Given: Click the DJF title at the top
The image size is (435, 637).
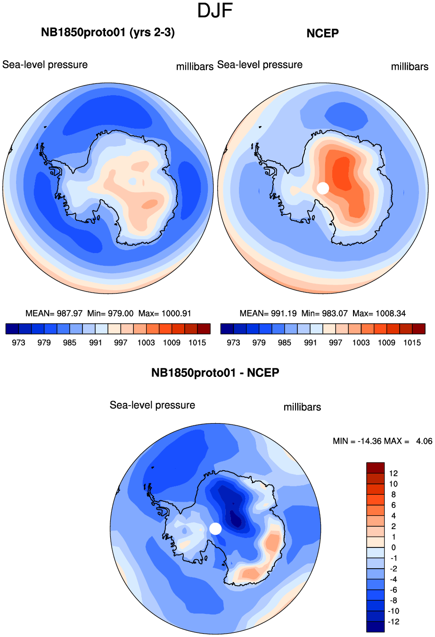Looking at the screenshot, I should tap(215, 10).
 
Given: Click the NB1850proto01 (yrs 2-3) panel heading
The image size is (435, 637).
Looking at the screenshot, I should tap(108, 33).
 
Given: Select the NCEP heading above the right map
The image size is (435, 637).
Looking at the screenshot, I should tap(322, 33).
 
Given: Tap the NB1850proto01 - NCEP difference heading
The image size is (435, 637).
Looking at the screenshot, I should tap(215, 373).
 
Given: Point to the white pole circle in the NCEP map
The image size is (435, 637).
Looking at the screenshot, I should tap(323, 188).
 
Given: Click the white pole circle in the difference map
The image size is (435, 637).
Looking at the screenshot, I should tap(215, 529).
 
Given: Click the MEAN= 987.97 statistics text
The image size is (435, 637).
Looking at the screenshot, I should tap(54, 313).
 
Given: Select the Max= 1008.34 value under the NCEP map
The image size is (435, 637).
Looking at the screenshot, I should tap(379, 313).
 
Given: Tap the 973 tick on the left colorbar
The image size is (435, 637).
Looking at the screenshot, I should tap(18, 343).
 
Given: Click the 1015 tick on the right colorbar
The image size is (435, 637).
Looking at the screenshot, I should tap(412, 343).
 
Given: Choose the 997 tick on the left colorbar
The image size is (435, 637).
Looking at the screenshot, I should tap(121, 343).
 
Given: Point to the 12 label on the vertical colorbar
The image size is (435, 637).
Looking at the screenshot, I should tap(394, 474).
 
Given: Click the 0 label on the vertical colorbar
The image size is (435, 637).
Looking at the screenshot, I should tap(394, 547).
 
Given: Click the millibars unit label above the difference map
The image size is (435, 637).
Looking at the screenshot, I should tap(302, 407).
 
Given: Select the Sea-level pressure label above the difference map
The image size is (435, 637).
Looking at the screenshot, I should tap(152, 405).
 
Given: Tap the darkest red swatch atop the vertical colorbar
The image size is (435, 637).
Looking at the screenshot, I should tap(376, 468).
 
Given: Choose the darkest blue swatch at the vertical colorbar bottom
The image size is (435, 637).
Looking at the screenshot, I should tap(376, 627).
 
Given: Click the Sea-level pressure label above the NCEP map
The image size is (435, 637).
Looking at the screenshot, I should tap(260, 65).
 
